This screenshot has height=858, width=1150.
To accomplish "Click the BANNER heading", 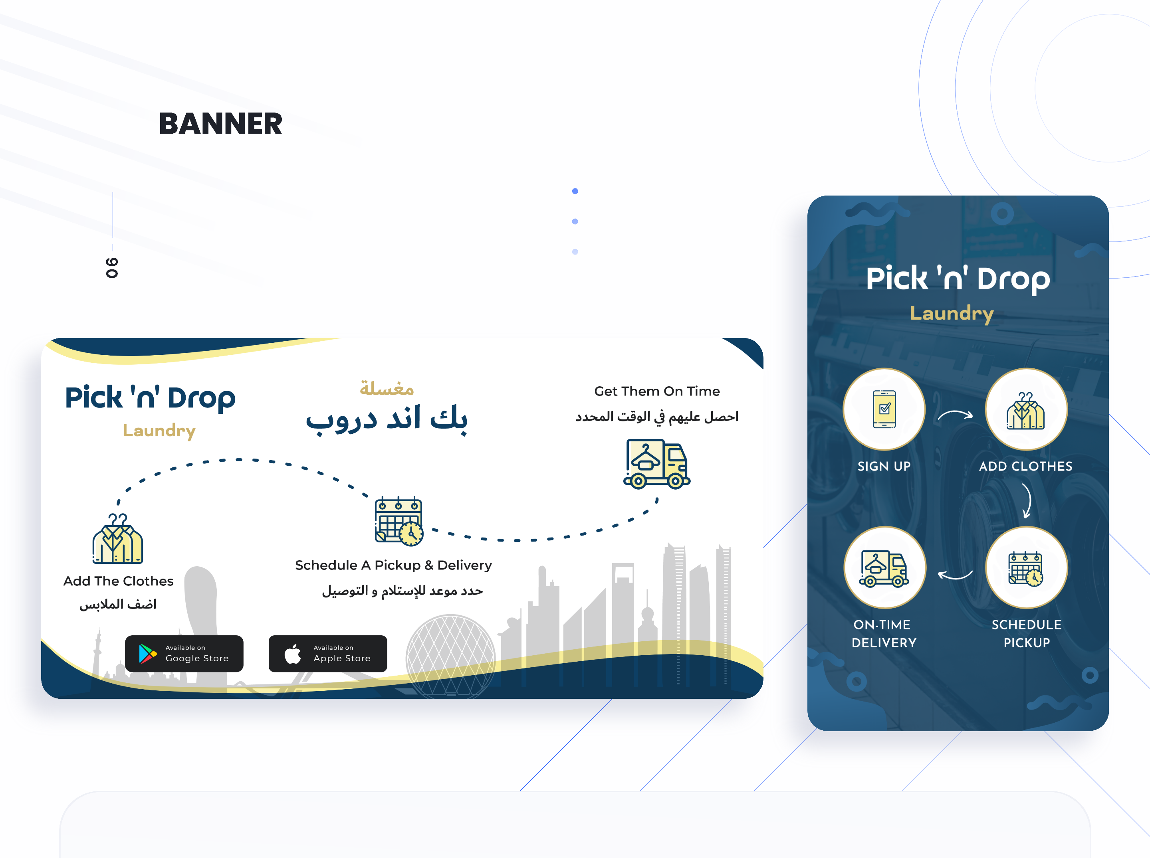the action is click(220, 124).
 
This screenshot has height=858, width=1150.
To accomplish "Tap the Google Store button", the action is click(184, 653).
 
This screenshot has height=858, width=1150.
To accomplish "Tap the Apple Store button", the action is click(328, 653).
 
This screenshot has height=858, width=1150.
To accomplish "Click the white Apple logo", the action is click(293, 653).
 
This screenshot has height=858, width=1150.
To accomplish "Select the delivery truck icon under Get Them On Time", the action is click(657, 464).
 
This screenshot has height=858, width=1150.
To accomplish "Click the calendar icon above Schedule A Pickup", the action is click(399, 521).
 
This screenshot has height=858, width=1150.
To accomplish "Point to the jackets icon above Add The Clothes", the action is click(118, 539).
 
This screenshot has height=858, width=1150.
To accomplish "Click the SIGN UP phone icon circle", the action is click(884, 409).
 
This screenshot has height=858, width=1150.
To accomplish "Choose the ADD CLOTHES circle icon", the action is click(1026, 409).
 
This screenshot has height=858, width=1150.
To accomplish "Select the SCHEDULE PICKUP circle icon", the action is click(1026, 567).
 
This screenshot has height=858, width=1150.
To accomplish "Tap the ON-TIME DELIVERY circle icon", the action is click(884, 567).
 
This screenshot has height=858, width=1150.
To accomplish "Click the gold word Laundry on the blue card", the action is click(952, 314).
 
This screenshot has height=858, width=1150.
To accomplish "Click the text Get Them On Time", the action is click(657, 391).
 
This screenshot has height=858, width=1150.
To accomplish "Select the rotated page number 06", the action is click(112, 267).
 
